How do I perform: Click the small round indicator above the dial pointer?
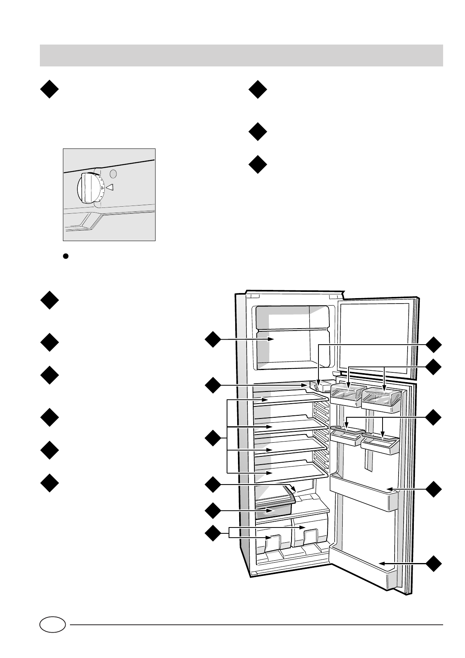click(113, 174)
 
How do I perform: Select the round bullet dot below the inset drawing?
click(66, 256)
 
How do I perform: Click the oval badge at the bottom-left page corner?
click(52, 625)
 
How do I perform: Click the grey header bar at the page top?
click(241, 55)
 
